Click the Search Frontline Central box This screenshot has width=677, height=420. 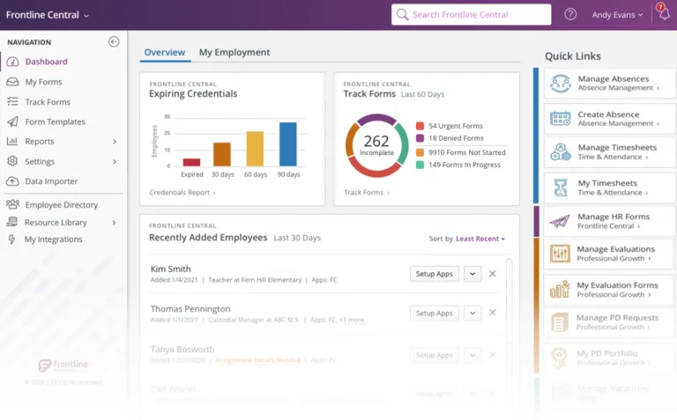472,15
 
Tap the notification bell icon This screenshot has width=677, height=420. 663,14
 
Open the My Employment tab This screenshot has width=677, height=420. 234,53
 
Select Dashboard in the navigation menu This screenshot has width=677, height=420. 46,62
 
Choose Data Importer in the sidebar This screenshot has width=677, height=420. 51,181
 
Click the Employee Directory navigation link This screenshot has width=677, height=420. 61,205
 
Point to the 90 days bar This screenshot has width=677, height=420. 288,144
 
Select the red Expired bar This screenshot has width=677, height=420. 191,162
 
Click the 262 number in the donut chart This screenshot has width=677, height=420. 376,142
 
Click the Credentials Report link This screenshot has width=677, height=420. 182,192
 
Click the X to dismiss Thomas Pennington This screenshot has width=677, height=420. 493,313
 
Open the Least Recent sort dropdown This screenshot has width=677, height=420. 481,239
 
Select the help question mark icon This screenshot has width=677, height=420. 570,15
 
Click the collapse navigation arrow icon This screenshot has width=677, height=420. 114,41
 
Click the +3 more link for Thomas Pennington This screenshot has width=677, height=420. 352,320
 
